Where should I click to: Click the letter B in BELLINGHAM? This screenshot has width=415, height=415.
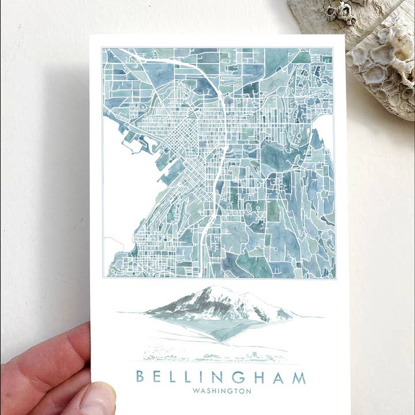coord(140,377)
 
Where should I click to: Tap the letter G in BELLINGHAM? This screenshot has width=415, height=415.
coord(238,377)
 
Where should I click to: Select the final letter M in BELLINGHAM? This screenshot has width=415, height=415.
coord(299,378)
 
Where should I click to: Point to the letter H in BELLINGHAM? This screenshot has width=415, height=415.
coord(258,377)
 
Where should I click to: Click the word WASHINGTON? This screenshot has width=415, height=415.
coord(222,391)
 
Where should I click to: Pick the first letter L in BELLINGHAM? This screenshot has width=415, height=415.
coord(171,377)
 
